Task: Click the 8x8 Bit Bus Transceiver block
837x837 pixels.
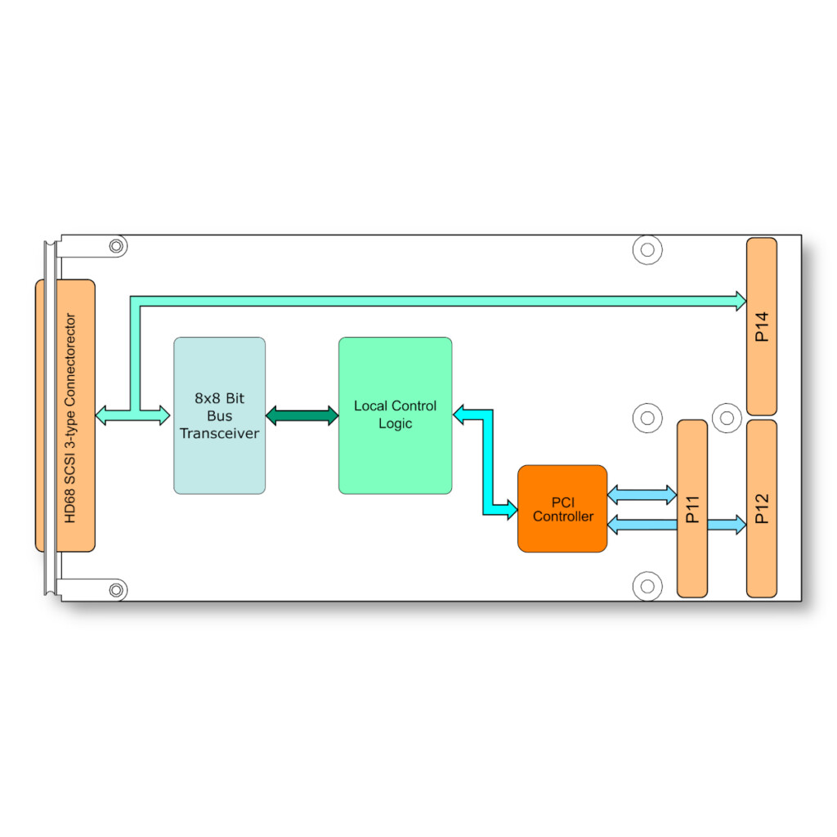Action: (219, 415)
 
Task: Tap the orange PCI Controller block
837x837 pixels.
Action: (562, 508)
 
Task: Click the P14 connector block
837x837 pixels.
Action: (762, 327)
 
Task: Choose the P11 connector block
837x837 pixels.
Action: (692, 508)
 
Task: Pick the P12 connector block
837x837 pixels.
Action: (762, 508)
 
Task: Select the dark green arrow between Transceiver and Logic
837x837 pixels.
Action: (302, 415)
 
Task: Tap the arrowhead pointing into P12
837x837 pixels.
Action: (741, 524)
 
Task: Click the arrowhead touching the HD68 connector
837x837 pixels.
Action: (101, 415)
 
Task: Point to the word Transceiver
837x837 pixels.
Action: (219, 433)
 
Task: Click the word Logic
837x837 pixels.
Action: (395, 424)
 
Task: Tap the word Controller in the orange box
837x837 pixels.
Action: (562, 517)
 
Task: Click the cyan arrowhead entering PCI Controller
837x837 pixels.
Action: (512, 509)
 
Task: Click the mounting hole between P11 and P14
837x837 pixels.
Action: (727, 418)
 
